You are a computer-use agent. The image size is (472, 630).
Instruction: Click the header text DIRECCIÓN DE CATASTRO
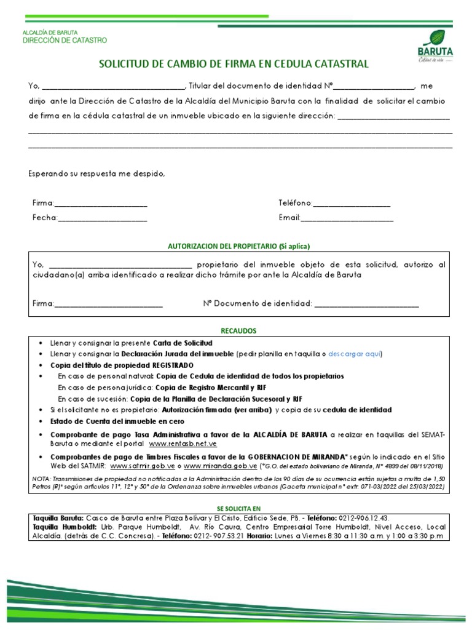click(65, 41)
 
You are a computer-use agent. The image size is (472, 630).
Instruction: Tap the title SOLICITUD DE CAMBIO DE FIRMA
click(234, 64)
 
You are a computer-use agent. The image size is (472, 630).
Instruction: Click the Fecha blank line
click(103, 219)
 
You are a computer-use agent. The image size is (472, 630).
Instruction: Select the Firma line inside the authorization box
click(109, 305)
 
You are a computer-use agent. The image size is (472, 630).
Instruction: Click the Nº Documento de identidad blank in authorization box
click(367, 305)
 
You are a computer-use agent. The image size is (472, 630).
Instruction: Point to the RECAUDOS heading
click(239, 331)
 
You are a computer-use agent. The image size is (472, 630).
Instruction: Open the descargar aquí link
click(355, 354)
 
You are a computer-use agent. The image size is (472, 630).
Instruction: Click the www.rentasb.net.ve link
click(183, 444)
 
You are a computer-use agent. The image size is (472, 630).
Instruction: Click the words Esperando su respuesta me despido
click(96, 173)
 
